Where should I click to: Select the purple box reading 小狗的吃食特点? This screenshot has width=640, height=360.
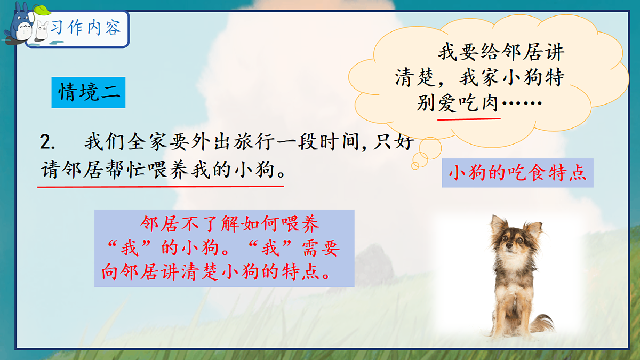pos(517,174)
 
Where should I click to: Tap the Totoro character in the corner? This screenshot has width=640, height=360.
pos(19,24)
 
